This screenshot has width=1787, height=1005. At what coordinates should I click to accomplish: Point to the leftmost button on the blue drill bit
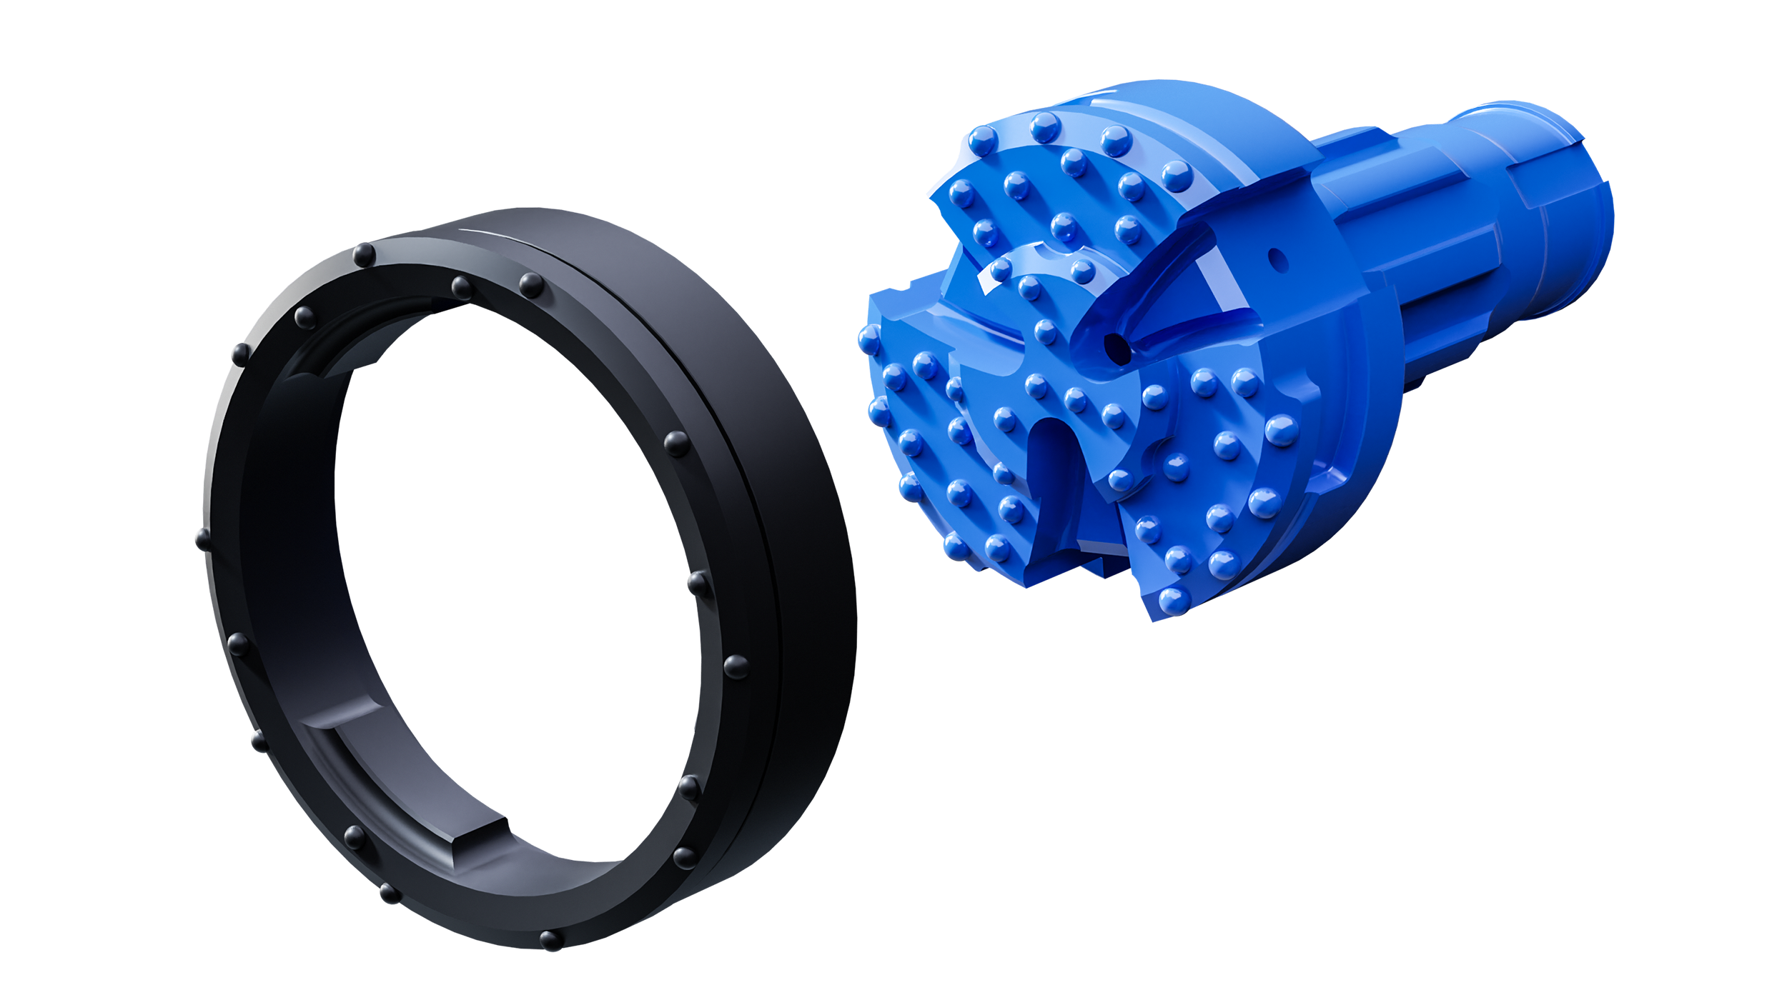[870, 341]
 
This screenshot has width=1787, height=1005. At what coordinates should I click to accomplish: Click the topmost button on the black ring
[364, 255]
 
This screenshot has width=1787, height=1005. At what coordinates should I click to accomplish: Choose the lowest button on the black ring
[550, 940]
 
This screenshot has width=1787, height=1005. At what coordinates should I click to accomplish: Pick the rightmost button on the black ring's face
[736, 667]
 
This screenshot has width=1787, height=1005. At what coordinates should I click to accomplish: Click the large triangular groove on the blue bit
[1172, 300]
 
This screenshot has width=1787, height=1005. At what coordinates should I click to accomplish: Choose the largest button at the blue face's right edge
[1281, 431]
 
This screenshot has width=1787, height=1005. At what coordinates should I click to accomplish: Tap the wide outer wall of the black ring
[808, 571]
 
